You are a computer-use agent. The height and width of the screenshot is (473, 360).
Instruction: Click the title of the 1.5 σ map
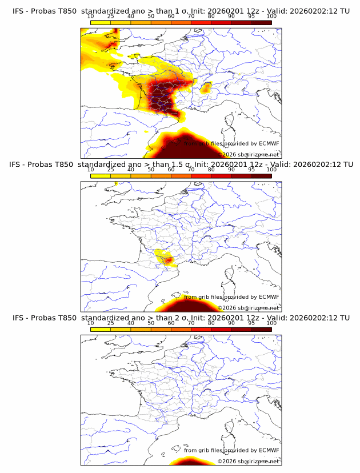coord(181,165)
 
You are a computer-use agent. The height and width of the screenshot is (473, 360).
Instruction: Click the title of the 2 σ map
coord(181,318)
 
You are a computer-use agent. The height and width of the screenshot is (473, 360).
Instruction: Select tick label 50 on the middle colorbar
coord(151,170)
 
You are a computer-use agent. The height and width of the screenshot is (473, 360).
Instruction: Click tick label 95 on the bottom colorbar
coord(251,323)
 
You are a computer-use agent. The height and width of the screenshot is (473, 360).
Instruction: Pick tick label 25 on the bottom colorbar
coord(111,323)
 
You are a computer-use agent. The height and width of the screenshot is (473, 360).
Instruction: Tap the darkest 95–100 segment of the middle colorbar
coord(261,176)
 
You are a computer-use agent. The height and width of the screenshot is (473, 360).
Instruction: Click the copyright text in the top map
coord(249,154)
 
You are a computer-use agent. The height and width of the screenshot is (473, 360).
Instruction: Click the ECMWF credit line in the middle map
coord(231,297)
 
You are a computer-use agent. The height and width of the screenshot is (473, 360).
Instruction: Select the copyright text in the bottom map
coord(249,460)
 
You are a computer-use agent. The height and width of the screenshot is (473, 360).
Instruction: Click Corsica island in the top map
coord(230,121)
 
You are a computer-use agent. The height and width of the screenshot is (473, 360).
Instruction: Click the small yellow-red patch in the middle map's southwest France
coord(164,258)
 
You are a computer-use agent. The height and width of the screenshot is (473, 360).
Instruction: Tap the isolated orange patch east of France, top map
coord(206,88)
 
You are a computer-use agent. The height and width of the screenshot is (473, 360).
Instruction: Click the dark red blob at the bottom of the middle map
coord(191,303)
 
